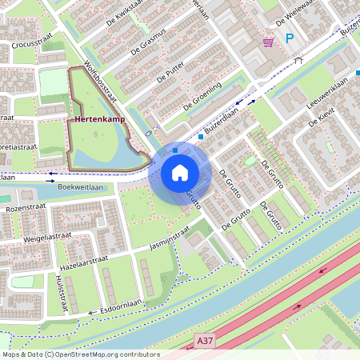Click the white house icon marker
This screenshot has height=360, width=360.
tap(180, 173)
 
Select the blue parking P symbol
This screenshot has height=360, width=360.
tap(290, 38)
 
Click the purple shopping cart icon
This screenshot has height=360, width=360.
tap(269, 41)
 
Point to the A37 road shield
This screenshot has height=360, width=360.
tap(205, 341)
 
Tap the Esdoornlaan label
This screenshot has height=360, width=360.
tap(121, 307)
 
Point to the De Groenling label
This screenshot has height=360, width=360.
tap(202, 95)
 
